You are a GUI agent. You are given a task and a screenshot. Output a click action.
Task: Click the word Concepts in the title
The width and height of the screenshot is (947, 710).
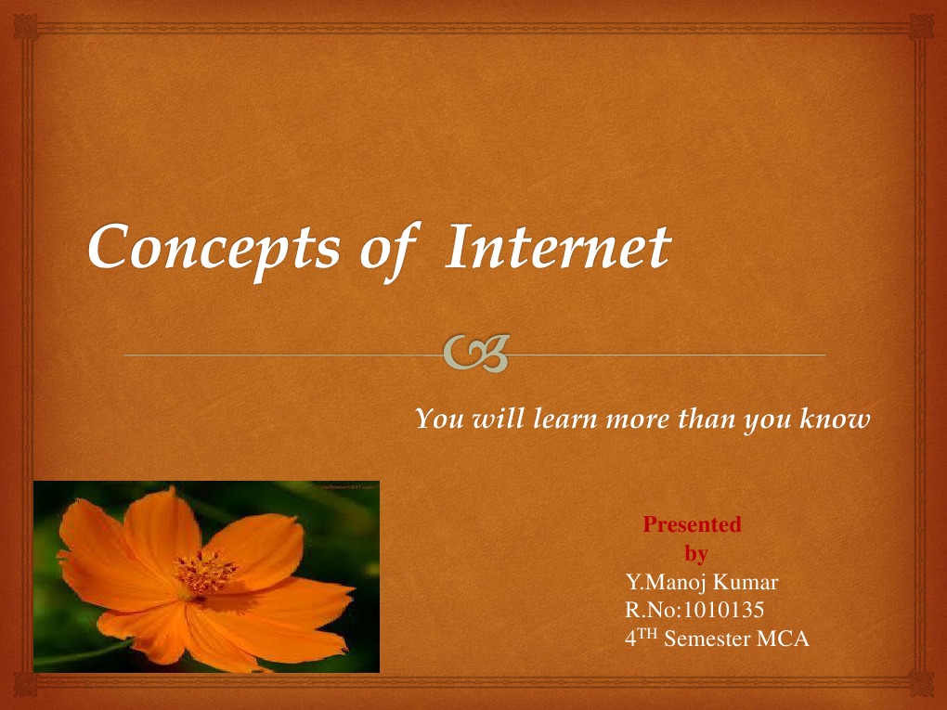[214, 249]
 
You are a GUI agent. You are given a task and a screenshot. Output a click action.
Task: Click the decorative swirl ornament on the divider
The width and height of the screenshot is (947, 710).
[476, 354]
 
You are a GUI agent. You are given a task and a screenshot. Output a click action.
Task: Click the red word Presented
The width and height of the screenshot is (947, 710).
[692, 524]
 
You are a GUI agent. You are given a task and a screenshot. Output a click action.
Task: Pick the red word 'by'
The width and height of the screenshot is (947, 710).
[696, 553]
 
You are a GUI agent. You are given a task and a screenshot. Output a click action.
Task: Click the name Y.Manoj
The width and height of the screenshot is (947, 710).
[667, 582]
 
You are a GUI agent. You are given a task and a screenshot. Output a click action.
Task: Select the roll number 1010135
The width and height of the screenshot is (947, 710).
[723, 610]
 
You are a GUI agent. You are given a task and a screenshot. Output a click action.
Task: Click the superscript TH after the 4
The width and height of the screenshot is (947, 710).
[647, 633]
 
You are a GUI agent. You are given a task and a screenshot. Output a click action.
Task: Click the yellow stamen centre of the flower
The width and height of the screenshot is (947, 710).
[204, 571]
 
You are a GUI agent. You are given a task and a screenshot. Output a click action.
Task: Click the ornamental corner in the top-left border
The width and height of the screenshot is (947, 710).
[25, 27]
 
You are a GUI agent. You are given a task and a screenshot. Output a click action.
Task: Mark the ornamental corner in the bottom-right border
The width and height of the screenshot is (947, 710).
[921, 684]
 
